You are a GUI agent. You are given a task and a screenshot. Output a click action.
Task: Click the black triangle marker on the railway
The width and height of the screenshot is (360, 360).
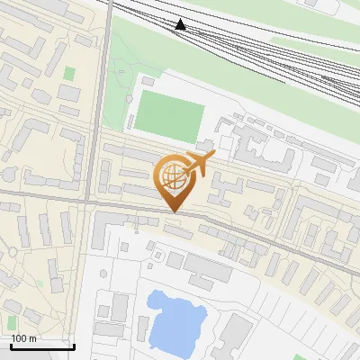[x=181, y=24]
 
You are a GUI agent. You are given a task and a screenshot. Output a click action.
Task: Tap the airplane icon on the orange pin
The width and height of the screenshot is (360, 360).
[x=200, y=163]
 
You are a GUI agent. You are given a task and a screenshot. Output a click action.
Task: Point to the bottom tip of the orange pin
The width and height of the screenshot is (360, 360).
[x=173, y=211]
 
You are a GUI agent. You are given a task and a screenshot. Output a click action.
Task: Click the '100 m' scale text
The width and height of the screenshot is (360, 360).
[x=23, y=338]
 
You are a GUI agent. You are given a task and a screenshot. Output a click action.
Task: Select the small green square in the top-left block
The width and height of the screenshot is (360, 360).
[x=69, y=73]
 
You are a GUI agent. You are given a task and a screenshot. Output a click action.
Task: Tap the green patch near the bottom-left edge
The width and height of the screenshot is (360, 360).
[x=12, y=320]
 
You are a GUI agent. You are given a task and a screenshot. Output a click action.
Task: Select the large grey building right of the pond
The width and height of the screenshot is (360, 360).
[x=236, y=334]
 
